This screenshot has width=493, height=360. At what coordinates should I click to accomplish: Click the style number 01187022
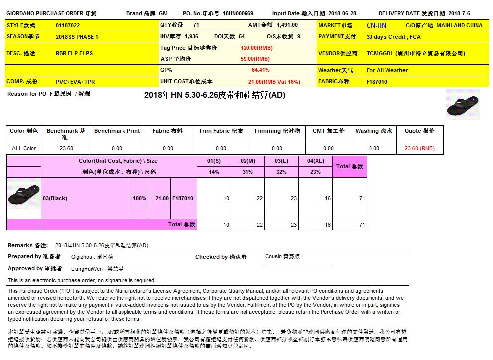coord(68,25)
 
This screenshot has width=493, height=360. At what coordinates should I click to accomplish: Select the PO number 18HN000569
coord(238,14)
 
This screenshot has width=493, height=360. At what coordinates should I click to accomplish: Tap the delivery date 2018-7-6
coord(459,14)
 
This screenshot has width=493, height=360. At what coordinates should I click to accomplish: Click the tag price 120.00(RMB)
coord(256,48)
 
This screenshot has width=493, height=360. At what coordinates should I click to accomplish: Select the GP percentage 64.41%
coord(260,70)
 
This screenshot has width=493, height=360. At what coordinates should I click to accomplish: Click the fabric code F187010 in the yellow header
coord(377,82)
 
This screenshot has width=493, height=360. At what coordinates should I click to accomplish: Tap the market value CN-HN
coord(376,25)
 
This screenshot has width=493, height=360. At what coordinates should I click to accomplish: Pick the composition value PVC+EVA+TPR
coord(75,82)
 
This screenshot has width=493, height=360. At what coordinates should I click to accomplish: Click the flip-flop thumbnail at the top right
coord(463,105)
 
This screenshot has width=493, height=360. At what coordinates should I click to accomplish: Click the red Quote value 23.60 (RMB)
coord(419,148)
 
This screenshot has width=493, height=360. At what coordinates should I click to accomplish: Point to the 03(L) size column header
coord(281,161)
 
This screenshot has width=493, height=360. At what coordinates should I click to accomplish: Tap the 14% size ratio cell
coord(214,172)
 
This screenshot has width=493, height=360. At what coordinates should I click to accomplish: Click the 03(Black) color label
coord(55,199)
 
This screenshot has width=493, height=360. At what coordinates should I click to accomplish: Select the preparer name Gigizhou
coord(82,257)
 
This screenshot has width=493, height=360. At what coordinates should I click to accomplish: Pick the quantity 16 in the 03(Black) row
coord(327,199)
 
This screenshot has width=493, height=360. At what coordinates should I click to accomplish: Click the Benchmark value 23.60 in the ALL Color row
coord(66,148)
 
